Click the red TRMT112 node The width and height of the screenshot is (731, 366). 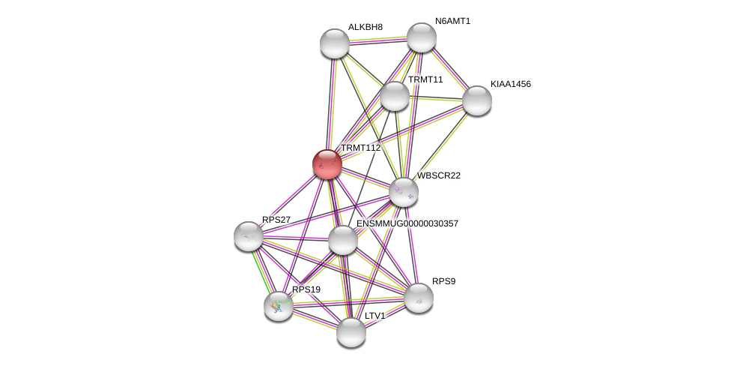[x=327, y=164]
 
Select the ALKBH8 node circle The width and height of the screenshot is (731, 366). [x=335, y=43]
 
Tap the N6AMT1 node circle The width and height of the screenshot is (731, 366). [x=422, y=37]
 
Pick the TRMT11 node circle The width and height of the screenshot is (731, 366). [x=395, y=96]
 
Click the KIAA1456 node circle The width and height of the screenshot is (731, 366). [x=477, y=100]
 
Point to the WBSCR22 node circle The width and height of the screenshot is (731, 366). [x=404, y=192]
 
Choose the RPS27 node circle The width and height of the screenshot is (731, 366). [x=249, y=236]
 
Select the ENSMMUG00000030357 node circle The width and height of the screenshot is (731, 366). [x=343, y=240]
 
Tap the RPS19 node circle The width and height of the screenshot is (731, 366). [x=279, y=305]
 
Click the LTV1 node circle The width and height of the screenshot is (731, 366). [x=351, y=332]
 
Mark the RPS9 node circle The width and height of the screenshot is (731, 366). [x=419, y=298]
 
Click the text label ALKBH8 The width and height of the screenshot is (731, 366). [x=365, y=27]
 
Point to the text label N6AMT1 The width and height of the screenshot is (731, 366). [x=452, y=21]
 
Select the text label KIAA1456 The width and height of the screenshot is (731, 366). [x=510, y=84]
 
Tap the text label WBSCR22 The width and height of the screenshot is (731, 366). [x=439, y=175]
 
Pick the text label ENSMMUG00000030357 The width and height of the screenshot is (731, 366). [x=407, y=223]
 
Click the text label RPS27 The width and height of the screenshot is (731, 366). [x=276, y=220]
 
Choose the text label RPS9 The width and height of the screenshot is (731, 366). [x=443, y=281]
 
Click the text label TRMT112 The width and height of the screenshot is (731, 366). [x=360, y=148]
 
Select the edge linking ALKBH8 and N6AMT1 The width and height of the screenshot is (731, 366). [x=378, y=40]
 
